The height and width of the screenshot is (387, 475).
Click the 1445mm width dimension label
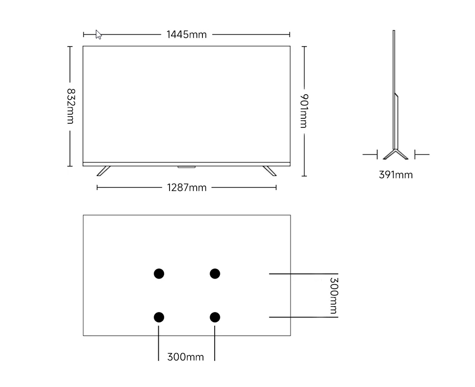187,35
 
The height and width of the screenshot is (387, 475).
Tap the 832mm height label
70,106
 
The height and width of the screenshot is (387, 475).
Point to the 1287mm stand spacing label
187,188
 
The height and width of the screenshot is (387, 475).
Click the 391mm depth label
396,175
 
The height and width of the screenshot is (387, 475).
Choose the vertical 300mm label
333,295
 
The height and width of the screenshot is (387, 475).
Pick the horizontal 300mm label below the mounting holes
185,357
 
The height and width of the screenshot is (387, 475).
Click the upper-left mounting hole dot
159,274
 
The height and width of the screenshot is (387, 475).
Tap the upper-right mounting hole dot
215,274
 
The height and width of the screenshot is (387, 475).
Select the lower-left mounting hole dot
159,317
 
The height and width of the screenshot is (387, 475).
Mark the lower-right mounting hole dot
215,317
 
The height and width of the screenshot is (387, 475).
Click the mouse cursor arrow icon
98,34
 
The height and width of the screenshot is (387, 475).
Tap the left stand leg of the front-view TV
104,170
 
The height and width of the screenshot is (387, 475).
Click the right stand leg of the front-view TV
270,170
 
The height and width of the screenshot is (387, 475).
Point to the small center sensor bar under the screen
187,167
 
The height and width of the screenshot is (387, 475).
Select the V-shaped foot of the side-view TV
395,155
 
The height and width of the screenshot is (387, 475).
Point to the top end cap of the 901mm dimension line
304,47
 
